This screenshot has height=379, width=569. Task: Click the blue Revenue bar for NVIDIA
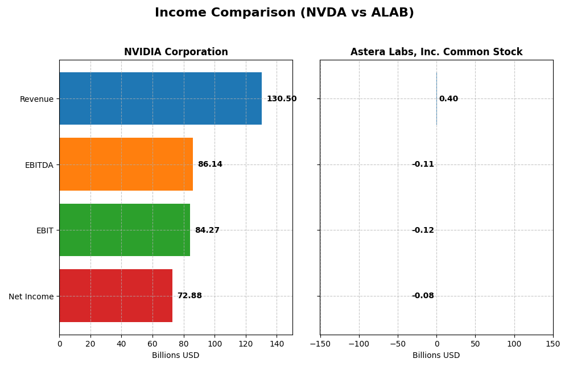(160, 98)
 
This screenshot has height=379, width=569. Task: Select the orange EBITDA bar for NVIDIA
(126, 164)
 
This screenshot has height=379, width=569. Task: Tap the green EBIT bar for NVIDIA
(125, 230)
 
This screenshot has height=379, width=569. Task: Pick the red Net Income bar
(116, 296)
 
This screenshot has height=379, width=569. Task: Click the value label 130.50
(282, 99)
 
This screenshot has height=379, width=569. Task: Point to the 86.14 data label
(210, 164)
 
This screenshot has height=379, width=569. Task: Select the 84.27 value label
(207, 230)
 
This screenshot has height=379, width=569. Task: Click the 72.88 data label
(189, 296)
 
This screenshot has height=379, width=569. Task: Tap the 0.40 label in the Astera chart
(448, 99)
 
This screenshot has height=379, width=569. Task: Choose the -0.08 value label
(423, 296)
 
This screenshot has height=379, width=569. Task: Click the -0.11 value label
(423, 164)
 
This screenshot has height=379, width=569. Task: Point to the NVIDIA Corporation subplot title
(176, 52)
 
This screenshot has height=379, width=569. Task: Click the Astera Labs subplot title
(436, 52)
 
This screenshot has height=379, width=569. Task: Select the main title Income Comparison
(284, 13)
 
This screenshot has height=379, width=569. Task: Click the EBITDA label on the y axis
(39, 165)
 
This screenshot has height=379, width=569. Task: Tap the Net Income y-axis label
(31, 296)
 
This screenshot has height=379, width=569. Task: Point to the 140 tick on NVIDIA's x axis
(277, 344)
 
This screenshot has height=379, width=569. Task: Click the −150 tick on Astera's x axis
(320, 344)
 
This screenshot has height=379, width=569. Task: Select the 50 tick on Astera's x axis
(475, 344)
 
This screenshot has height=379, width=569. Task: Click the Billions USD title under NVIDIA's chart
(176, 356)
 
